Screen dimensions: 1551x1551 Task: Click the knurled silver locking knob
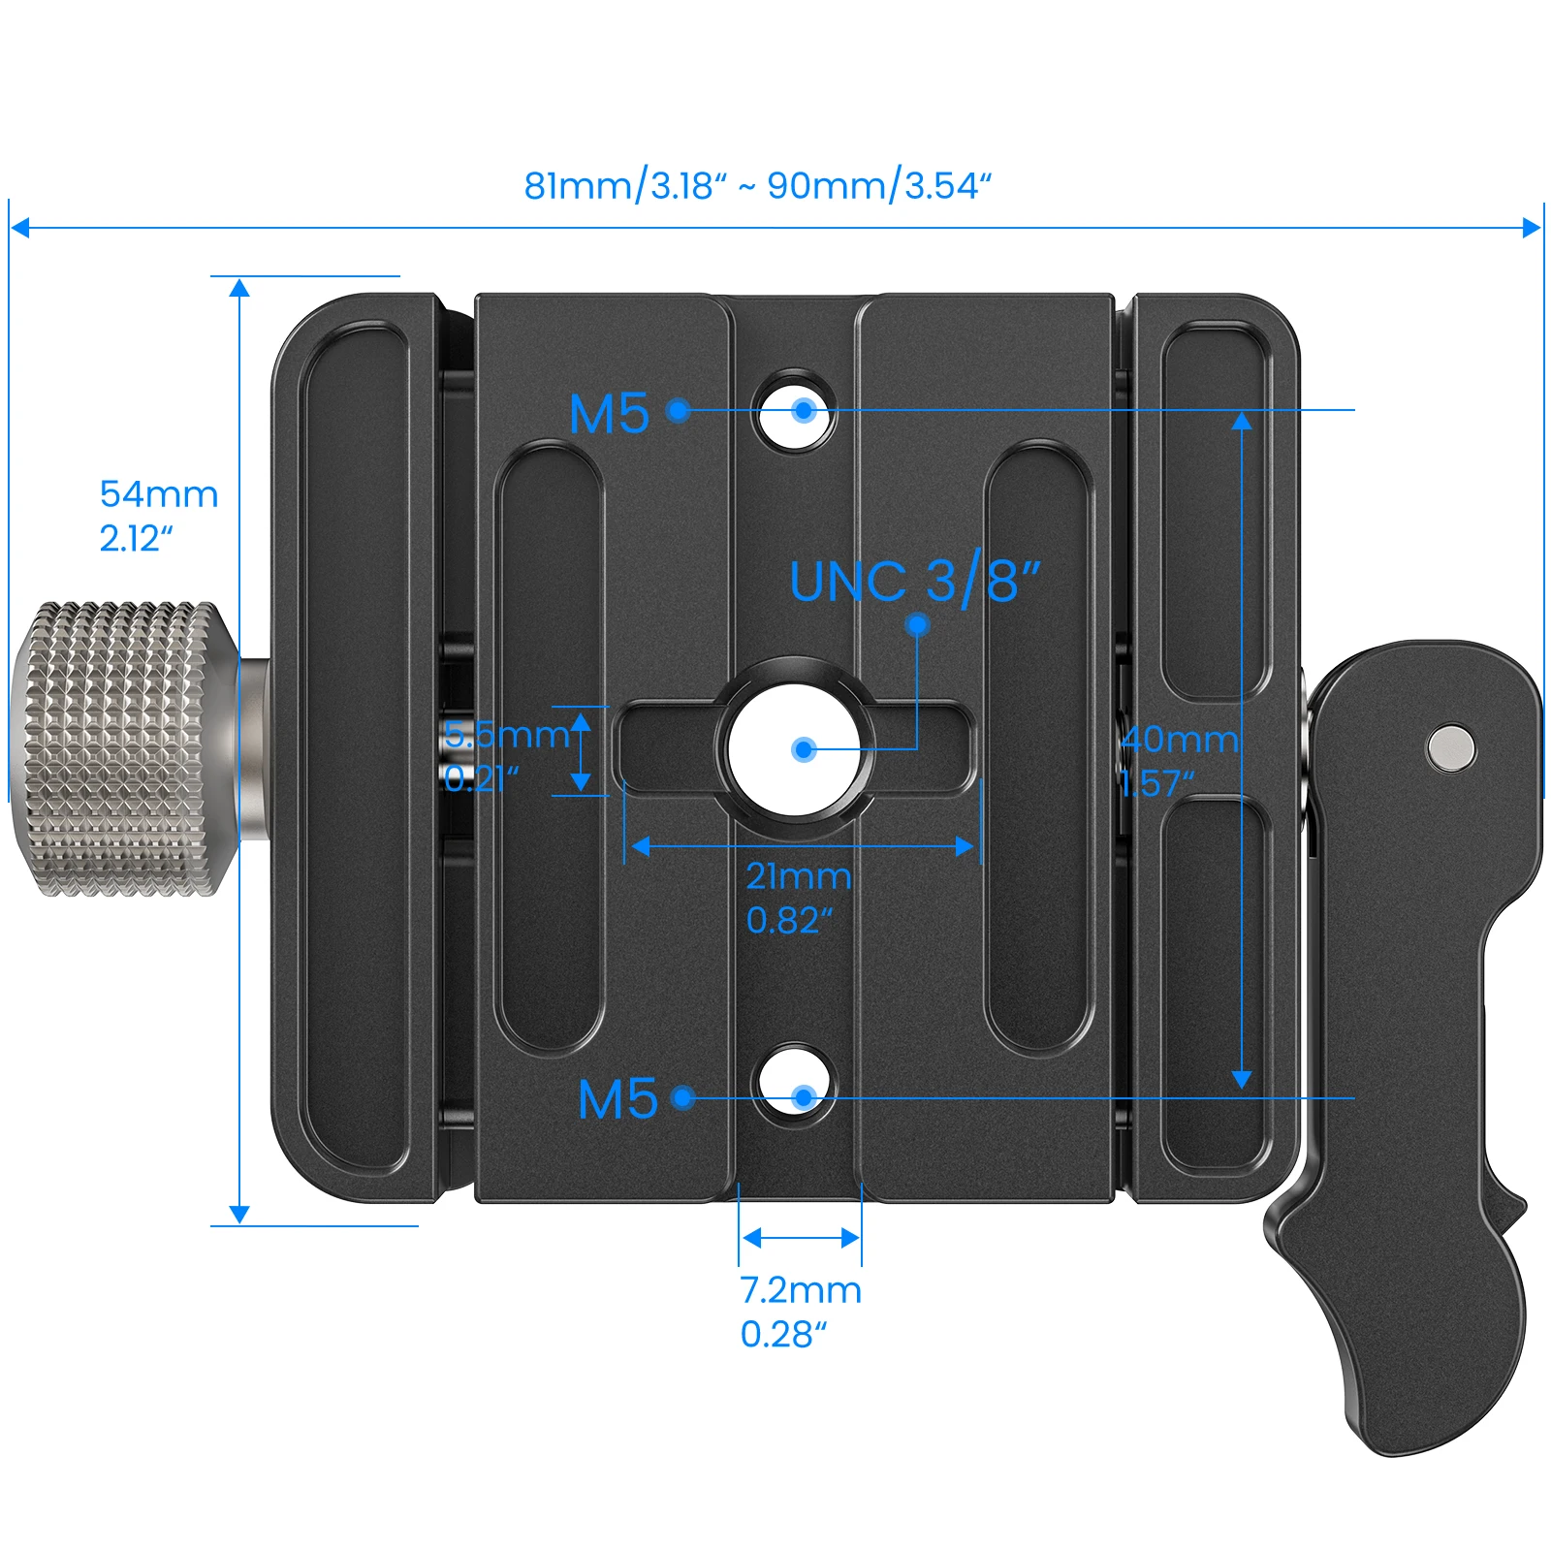pyautogui.click(x=121, y=748)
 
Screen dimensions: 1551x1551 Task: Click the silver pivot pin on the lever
pyautogui.click(x=1450, y=748)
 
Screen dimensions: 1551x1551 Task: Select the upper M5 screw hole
pyautogui.click(x=797, y=411)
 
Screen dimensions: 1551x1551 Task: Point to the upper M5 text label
pyautogui.click(x=609, y=414)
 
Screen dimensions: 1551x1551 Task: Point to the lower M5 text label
pyautogui.click(x=617, y=1099)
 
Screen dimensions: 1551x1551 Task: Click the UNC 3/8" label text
pyautogui.click(x=914, y=581)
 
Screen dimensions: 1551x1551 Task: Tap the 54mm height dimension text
pyautogui.click(x=159, y=494)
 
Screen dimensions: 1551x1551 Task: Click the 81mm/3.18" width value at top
pyautogui.click(x=625, y=185)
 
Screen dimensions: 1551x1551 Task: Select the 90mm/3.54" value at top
pyautogui.click(x=879, y=185)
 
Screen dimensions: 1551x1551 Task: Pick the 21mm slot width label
pyautogui.click(x=798, y=876)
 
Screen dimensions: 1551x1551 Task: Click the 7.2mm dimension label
pyautogui.click(x=801, y=1290)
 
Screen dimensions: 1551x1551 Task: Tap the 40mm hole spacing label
pyautogui.click(x=1180, y=740)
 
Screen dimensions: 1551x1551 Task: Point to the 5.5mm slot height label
pyautogui.click(x=506, y=735)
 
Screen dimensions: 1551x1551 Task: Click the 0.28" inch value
pyautogui.click(x=783, y=1335)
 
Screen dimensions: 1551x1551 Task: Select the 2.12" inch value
pyautogui.click(x=136, y=539)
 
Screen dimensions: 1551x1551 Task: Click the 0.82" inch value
pyautogui.click(x=789, y=921)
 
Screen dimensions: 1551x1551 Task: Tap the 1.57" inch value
pyautogui.click(x=1156, y=783)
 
